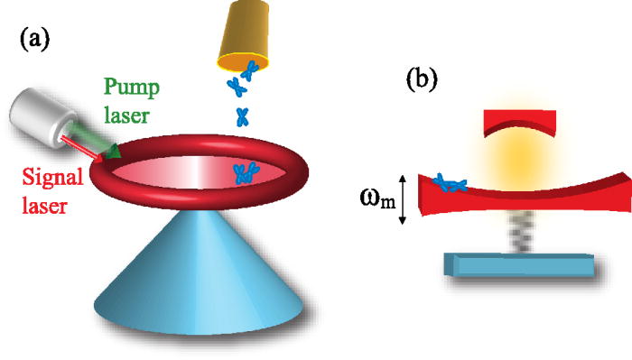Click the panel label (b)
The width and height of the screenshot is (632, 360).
pyautogui.click(x=422, y=78)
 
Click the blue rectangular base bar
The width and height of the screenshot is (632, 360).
pyautogui.click(x=518, y=265)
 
